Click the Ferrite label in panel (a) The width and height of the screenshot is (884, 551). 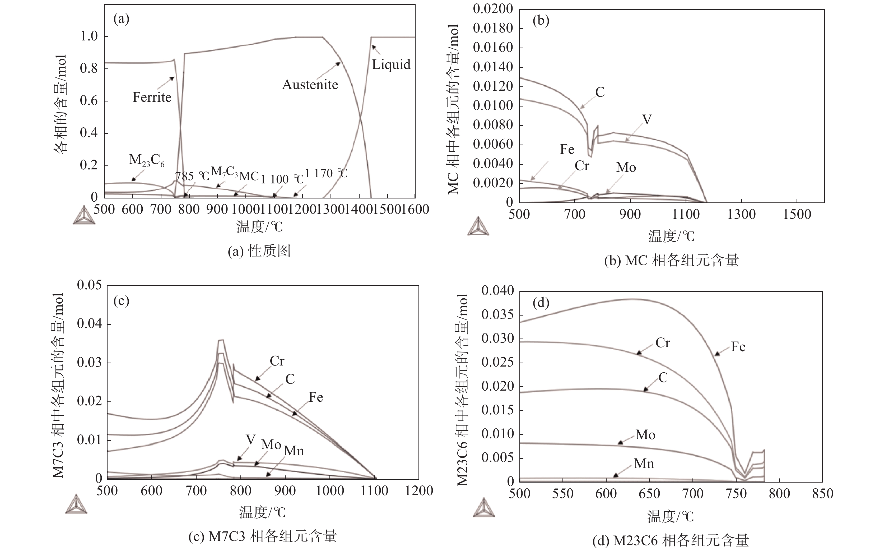click(152, 97)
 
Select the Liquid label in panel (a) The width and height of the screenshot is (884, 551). click(391, 64)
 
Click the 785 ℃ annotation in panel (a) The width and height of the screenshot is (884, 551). click(192, 176)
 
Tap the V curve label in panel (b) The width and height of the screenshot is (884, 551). click(646, 119)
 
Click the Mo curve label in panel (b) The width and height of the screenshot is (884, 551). click(626, 167)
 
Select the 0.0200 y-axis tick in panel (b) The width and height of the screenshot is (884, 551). click(492, 9)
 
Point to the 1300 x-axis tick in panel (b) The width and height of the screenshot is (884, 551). click(741, 214)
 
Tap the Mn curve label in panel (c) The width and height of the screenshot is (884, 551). click(294, 451)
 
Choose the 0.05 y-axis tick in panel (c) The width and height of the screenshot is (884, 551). click(89, 285)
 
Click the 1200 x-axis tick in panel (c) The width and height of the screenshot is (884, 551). click(419, 490)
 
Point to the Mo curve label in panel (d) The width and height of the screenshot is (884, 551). click(645, 435)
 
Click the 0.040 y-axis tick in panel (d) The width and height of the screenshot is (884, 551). click(497, 291)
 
